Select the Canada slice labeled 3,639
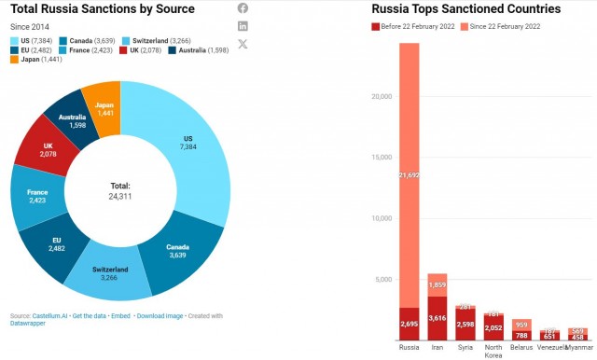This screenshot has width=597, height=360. point(177,251)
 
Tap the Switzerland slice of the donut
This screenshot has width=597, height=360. point(110,273)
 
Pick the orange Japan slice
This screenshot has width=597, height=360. point(104,110)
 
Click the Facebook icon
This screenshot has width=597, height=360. point(243,8)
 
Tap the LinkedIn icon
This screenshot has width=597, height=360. point(243,26)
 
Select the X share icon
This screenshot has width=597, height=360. point(243,44)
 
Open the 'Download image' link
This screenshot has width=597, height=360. point(160,316)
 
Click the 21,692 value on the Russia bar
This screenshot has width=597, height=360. point(410,175)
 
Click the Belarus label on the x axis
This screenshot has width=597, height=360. point(521,347)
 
